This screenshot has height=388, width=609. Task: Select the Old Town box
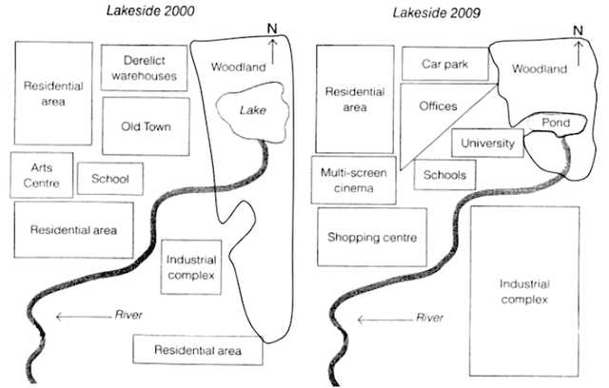[x=146, y=126]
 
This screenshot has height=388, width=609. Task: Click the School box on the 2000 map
[x=109, y=178]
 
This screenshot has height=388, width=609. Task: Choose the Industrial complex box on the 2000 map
[x=191, y=267]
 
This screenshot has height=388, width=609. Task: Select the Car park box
[x=444, y=65]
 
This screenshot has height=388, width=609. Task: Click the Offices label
[x=438, y=107]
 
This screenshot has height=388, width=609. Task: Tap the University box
[x=486, y=144]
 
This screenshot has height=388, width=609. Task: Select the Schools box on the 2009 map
[x=445, y=175]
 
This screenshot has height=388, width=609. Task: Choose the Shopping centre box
[x=372, y=237]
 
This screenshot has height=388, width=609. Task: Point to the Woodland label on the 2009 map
[x=540, y=68]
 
